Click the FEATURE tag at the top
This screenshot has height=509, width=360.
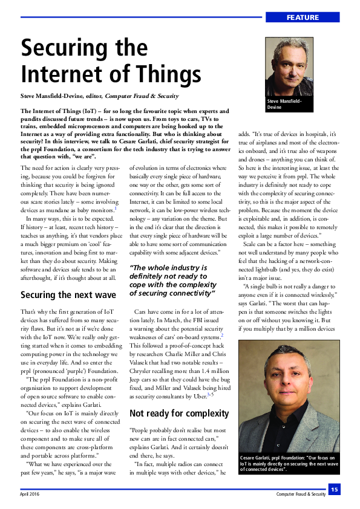pyautogui.click(x=303, y=18)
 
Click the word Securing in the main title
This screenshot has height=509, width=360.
pyautogui.click(x=62, y=47)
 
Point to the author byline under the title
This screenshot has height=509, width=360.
pyautogui.click(x=100, y=96)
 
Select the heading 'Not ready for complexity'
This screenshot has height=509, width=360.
pyautogui.click(x=179, y=413)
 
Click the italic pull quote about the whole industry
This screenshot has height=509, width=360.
pyautogui.click(x=173, y=280)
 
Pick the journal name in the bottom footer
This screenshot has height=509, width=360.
pyautogui.click(x=300, y=494)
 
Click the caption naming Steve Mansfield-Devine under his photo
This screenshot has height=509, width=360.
pyautogui.click(x=284, y=104)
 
